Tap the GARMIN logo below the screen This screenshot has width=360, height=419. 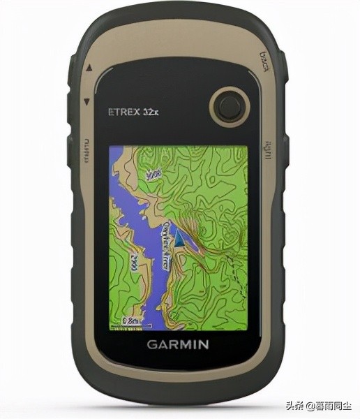[177, 344]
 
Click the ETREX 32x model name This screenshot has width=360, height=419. [134, 110]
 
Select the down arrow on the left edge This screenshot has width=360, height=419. [87, 101]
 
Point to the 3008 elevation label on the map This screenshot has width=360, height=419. [153, 173]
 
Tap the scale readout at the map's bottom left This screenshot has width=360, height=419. [130, 320]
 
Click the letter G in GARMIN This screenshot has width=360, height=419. [151, 344]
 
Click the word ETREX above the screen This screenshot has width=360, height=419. [123, 110]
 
